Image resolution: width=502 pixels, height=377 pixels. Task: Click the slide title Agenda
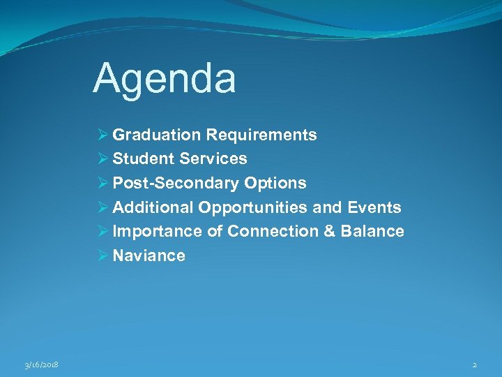click(165, 78)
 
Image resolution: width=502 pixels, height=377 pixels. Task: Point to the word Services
click(213, 159)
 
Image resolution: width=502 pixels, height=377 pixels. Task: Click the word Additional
click(153, 208)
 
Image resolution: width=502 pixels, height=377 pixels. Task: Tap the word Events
click(377, 208)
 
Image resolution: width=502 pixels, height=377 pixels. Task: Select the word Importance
click(158, 232)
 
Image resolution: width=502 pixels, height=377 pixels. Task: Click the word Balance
click(372, 232)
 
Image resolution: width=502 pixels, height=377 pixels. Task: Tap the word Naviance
click(149, 256)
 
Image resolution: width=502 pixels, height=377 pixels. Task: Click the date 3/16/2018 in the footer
click(40, 365)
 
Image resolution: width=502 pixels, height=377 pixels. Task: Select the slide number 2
click(474, 365)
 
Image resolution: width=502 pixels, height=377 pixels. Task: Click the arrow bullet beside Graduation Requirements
click(103, 135)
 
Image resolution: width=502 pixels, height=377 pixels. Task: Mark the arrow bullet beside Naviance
click(103, 256)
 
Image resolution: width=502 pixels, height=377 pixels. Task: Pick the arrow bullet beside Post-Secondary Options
click(103, 184)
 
